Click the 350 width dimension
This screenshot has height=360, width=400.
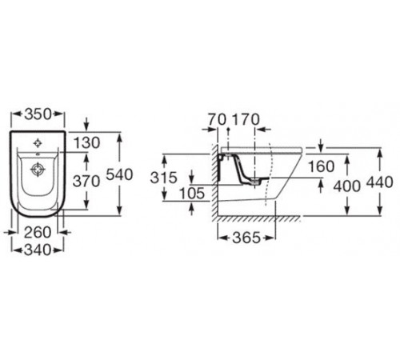(38, 114)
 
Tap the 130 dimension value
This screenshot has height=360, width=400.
(87, 142)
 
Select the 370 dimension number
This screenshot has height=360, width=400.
(86, 182)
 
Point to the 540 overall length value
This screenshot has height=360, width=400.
(119, 174)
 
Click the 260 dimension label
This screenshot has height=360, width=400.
(38, 232)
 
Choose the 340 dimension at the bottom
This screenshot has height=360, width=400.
(38, 250)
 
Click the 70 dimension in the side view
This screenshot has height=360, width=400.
(217, 119)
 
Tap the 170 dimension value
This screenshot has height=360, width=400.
(246, 119)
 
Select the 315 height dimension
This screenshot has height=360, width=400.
(163, 178)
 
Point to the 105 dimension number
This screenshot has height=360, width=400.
(192, 194)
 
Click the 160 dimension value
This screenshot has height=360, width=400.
(321, 166)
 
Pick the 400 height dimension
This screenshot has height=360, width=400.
(347, 186)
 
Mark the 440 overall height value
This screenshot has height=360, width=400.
(380, 182)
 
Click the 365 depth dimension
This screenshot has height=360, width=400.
(246, 238)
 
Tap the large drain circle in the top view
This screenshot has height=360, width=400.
(38, 170)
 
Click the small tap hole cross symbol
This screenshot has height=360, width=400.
(38, 143)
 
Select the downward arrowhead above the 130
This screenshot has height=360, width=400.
(86, 126)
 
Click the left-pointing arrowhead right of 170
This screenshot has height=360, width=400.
(262, 130)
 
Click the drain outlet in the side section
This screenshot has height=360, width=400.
(255, 182)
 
